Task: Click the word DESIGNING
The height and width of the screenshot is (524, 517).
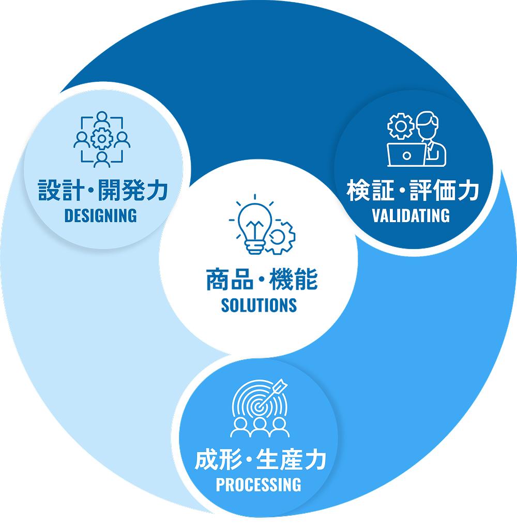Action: pyautogui.click(x=100, y=215)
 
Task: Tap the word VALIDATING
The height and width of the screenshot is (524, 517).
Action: pyautogui.click(x=411, y=215)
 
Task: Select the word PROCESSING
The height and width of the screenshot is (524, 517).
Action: pyautogui.click(x=258, y=485)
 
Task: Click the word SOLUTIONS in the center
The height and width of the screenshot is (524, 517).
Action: pyautogui.click(x=258, y=305)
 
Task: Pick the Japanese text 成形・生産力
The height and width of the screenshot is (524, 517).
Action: pyautogui.click(x=260, y=460)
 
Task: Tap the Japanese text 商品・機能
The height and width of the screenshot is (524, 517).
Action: pyautogui.click(x=261, y=280)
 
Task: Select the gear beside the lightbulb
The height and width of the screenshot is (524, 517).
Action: pyautogui.click(x=281, y=238)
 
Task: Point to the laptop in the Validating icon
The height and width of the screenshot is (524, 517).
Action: pyautogui.click(x=406, y=154)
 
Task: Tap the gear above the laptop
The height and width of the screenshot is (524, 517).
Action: pyautogui.click(x=400, y=126)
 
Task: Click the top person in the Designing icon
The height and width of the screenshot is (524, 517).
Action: pyautogui.click(x=102, y=118)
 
